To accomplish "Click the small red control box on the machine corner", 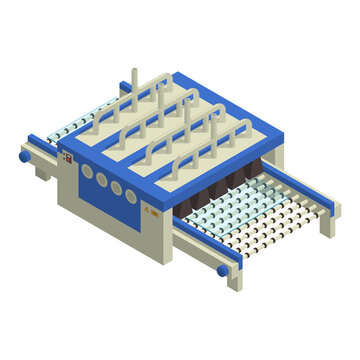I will tap(67, 155).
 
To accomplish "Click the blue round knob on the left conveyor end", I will tap(24, 157).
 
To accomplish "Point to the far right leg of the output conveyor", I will tap(327, 225).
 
